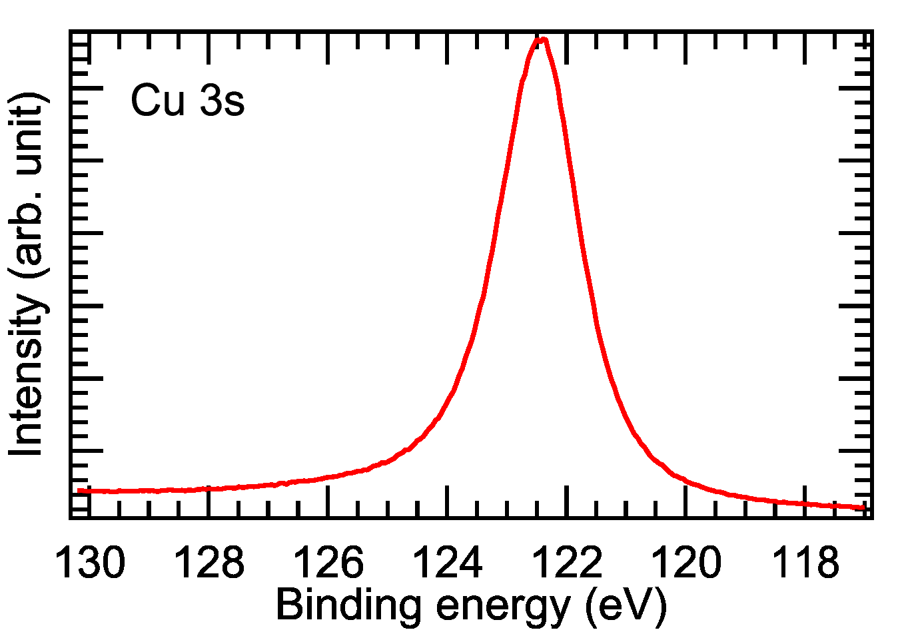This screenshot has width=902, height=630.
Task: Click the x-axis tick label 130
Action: (90, 563)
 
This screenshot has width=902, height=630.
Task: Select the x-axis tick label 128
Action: (209, 563)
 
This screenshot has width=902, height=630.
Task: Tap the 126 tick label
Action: (328, 563)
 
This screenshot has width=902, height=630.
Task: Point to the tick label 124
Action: (448, 563)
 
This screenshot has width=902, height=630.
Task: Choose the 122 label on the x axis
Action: (567, 563)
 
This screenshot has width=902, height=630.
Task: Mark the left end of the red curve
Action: (79, 491)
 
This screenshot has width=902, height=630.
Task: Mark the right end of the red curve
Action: (864, 507)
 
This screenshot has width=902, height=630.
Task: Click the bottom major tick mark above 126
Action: (328, 501)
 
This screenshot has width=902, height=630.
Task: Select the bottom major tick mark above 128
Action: (209, 501)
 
